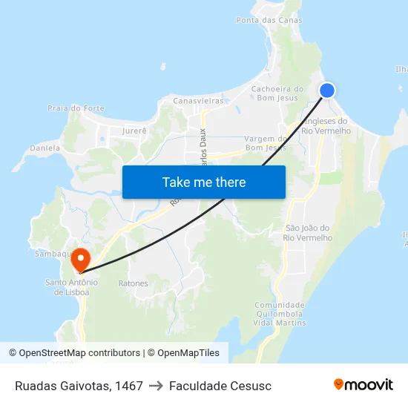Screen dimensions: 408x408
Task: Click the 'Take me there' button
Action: [204, 182]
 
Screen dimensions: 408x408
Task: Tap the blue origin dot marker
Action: [327, 91]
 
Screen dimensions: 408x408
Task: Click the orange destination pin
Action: [80, 260]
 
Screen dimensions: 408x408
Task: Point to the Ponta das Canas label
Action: [269, 20]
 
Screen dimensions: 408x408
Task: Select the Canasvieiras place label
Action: [197, 100]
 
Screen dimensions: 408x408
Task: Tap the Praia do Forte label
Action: [76, 108]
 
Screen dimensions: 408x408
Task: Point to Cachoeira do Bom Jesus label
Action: [277, 93]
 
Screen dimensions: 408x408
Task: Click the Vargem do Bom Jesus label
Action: [265, 143]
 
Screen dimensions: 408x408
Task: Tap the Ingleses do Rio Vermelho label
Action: [326, 126]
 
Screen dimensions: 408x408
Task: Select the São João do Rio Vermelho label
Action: [308, 233]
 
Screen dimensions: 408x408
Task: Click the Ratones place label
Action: [134, 283]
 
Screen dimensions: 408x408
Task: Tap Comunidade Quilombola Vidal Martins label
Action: [280, 314]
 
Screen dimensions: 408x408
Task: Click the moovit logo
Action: [363, 384]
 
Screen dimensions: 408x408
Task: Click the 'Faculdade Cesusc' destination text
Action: [220, 386]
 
